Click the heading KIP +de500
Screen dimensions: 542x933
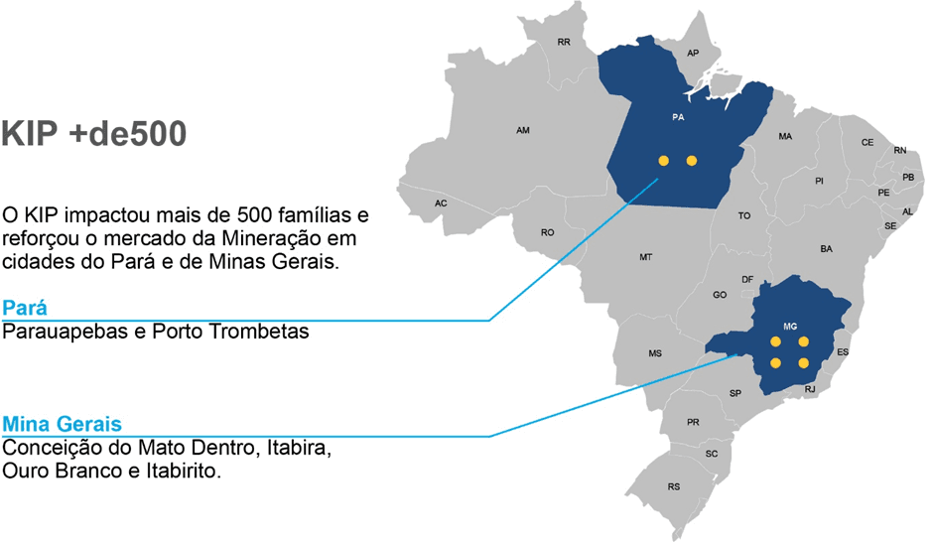(x=94, y=135)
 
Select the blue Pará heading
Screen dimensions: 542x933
(x=25, y=307)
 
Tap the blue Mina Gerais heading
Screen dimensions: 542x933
(x=63, y=423)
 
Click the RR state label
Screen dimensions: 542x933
(x=564, y=42)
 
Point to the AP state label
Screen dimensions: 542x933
(x=693, y=53)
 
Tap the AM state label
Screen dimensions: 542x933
(x=523, y=130)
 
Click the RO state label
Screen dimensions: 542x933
(x=547, y=232)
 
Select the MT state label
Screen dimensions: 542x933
(x=645, y=257)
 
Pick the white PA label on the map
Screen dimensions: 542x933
(x=678, y=116)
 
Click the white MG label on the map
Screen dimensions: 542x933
(x=790, y=326)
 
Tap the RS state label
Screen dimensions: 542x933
(x=674, y=486)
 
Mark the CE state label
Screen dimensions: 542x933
(x=866, y=142)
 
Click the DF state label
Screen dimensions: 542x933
(x=747, y=279)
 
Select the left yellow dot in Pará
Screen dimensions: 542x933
(x=663, y=160)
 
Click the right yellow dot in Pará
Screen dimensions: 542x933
(x=692, y=160)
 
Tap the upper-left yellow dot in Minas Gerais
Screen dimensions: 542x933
(x=775, y=341)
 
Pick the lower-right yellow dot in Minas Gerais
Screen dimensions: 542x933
(x=804, y=363)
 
